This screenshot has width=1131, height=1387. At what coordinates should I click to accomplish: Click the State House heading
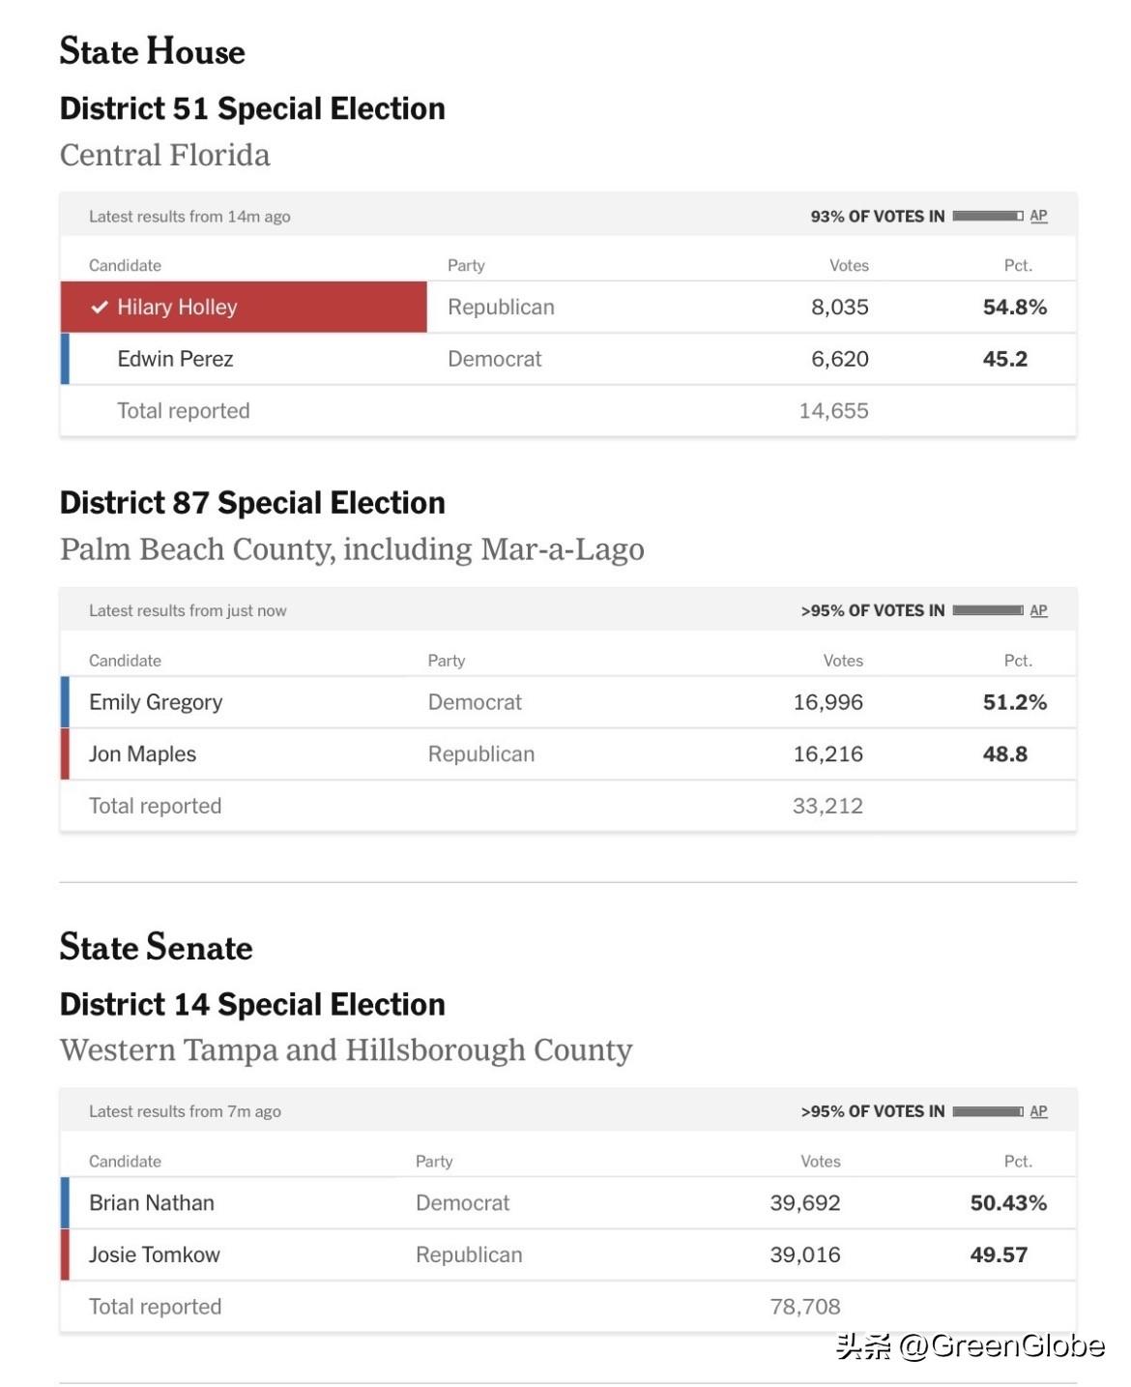pyautogui.click(x=152, y=51)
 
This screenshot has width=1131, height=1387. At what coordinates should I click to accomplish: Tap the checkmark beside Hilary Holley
pyautogui.click(x=99, y=308)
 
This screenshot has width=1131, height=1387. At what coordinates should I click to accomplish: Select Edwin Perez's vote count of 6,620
pyautogui.click(x=839, y=360)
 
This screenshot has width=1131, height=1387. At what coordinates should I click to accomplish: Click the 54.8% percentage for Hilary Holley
pyautogui.click(x=1014, y=308)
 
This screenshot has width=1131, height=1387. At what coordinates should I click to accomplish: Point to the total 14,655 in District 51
pyautogui.click(x=833, y=411)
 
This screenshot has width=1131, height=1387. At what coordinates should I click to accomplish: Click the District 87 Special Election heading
pyautogui.click(x=252, y=503)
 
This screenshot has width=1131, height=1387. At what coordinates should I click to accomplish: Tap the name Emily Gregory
pyautogui.click(x=156, y=702)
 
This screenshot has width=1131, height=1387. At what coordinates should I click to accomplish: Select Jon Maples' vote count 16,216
pyautogui.click(x=827, y=754)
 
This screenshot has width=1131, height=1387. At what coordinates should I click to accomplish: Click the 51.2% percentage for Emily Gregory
pyautogui.click(x=1014, y=702)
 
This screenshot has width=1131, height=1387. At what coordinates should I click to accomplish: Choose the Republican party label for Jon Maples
pyautogui.click(x=480, y=754)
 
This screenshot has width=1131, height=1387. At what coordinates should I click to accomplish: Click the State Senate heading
pyautogui.click(x=156, y=947)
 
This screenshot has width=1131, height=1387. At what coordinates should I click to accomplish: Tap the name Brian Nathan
pyautogui.click(x=152, y=1203)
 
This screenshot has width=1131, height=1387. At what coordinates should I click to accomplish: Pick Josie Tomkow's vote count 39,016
pyautogui.click(x=804, y=1255)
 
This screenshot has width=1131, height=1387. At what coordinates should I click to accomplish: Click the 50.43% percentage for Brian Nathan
pyautogui.click(x=1008, y=1203)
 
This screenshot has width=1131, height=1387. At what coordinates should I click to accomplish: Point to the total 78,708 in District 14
pyautogui.click(x=804, y=1308)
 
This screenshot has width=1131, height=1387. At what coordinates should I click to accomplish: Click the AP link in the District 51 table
pyautogui.click(x=1038, y=217)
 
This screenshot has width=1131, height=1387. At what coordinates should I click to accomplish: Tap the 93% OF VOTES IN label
pyautogui.click(x=877, y=217)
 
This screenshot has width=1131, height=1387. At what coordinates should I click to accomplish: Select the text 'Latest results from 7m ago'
pyautogui.click(x=185, y=1112)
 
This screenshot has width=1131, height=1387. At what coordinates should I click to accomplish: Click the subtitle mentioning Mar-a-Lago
pyautogui.click(x=352, y=549)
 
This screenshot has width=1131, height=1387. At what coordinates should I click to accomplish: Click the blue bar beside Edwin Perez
pyautogui.click(x=65, y=360)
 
